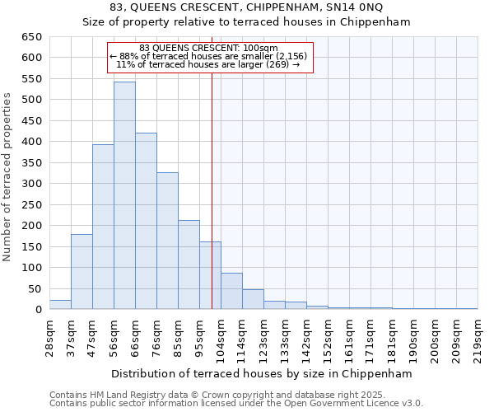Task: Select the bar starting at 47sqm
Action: [103, 227]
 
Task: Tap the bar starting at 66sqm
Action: [146, 222]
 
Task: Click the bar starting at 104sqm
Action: [231, 292]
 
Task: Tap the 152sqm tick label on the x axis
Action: [328, 338]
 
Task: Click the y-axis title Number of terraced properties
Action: [7, 177]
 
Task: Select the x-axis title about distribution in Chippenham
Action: [261, 373]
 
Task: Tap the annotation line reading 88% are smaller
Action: [208, 56]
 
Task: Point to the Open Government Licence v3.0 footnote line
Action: [236, 404]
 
